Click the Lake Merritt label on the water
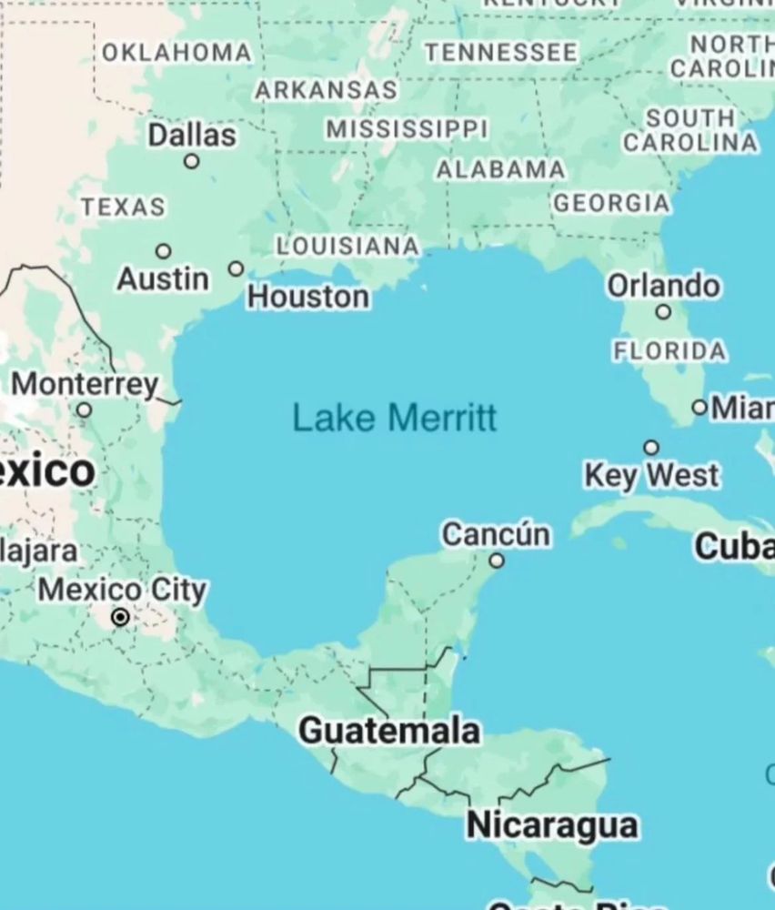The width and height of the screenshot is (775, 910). click(395, 418)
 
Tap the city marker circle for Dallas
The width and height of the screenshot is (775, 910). click(191, 161)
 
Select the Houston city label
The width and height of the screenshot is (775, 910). click(308, 297)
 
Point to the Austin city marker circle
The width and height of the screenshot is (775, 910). click(164, 251)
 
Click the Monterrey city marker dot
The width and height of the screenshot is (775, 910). click(84, 410)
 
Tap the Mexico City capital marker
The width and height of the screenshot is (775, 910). click(120, 618)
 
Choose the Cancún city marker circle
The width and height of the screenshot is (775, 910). click(497, 561)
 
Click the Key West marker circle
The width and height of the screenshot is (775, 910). click(651, 447)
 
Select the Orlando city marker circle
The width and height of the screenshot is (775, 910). click(664, 312)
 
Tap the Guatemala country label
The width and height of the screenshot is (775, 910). click(389, 730)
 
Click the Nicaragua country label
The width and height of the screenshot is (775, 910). click(551, 825)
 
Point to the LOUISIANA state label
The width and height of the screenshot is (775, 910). click(347, 246)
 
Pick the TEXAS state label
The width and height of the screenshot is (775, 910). click(124, 207)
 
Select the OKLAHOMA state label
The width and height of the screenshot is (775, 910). click(176, 53)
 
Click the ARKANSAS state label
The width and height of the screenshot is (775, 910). click(326, 90)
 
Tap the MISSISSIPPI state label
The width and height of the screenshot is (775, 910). click(407, 129)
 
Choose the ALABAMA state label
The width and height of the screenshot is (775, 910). click(500, 170)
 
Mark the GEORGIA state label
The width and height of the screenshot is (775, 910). click(611, 203)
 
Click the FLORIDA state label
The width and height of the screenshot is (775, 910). click(669, 350)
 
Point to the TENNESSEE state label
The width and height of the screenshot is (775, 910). click(500, 53)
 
